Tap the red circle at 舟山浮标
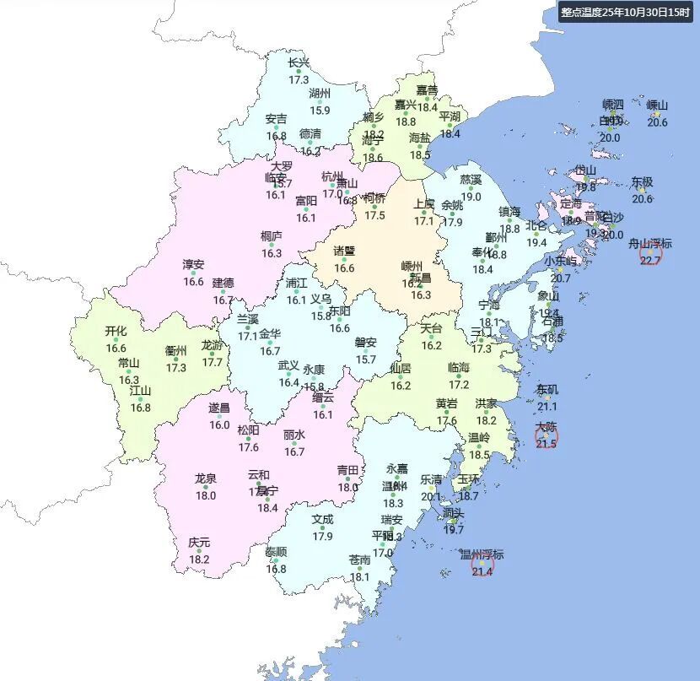[650, 254]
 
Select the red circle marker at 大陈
[547, 437]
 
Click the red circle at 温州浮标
[482, 565]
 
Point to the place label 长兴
[299, 62]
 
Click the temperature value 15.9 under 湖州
[320, 111]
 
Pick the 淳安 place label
[193, 264]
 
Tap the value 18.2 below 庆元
[199, 559]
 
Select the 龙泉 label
[206, 478]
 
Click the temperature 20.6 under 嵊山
[657, 122]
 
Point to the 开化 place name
[116, 331]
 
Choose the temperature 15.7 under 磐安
[365, 359]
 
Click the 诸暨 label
[344, 251]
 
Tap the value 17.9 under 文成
[322, 537]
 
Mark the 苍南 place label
[360, 559]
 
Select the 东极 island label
[642, 181]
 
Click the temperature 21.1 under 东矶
[547, 407]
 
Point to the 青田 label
[348, 470]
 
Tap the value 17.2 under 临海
[458, 384]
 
